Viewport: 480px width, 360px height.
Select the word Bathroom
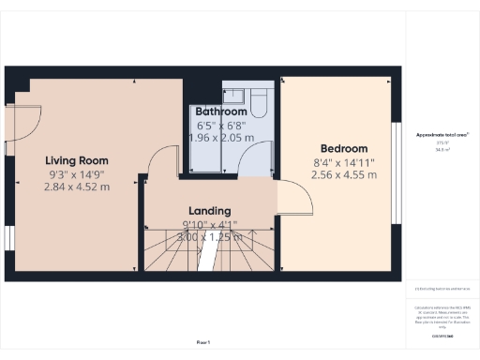221,112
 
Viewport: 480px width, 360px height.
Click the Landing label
209,211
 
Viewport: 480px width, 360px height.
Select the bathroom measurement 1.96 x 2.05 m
221,137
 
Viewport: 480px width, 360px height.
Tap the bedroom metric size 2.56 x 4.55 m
345,174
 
